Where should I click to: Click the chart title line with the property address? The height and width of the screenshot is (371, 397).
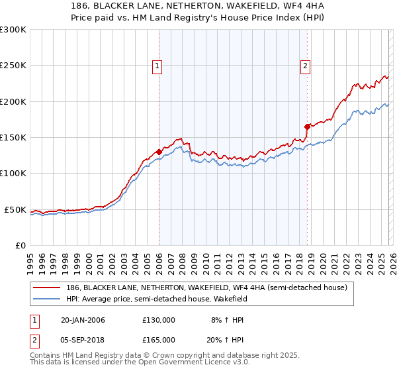[198, 6]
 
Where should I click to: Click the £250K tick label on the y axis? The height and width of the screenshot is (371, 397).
[13, 66]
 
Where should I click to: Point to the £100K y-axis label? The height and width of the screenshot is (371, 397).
[13, 173]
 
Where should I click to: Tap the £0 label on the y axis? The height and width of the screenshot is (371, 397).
[21, 245]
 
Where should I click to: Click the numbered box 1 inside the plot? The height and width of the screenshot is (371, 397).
[157, 66]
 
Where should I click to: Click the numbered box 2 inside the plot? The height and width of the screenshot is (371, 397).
[305, 66]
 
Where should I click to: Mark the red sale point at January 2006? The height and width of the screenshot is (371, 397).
[159, 152]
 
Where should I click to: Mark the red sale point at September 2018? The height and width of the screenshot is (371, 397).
[307, 127]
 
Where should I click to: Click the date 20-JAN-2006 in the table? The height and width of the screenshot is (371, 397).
[83, 320]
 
